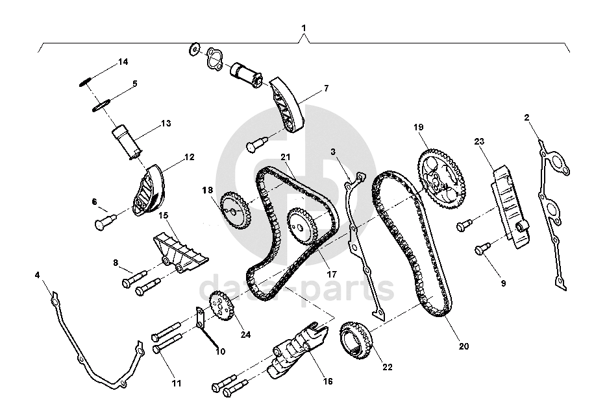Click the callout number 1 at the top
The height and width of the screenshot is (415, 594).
point(303,29)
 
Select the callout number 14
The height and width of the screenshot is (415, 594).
point(123,62)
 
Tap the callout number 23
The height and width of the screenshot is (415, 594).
point(480,141)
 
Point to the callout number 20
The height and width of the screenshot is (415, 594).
point(464,346)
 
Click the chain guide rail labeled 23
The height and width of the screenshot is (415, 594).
point(513,206)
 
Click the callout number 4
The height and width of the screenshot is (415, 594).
point(38,275)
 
